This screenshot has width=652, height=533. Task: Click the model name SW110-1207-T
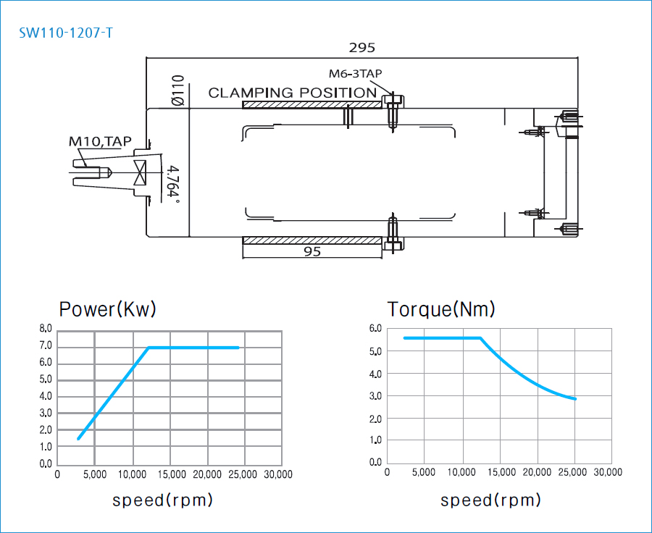click(x=66, y=33)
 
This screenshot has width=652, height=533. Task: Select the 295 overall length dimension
click(x=361, y=48)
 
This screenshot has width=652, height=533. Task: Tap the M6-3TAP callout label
click(x=355, y=74)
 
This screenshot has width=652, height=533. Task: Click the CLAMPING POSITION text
click(x=292, y=93)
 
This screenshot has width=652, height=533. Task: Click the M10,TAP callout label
click(x=101, y=141)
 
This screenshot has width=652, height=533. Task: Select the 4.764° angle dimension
click(x=172, y=184)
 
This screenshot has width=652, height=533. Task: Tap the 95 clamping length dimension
click(x=312, y=252)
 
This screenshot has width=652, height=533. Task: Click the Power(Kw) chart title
click(x=107, y=309)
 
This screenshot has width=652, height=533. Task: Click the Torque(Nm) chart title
click(x=441, y=309)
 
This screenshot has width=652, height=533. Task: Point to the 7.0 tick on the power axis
click(x=46, y=346)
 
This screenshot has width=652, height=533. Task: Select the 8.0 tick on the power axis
click(x=46, y=330)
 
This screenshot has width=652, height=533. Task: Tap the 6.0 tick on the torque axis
click(x=375, y=329)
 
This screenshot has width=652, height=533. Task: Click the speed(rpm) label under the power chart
click(x=162, y=500)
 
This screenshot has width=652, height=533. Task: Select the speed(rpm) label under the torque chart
click(x=490, y=500)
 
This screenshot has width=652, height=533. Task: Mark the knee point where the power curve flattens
click(x=149, y=348)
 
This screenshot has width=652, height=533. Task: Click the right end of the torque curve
click(x=575, y=399)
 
